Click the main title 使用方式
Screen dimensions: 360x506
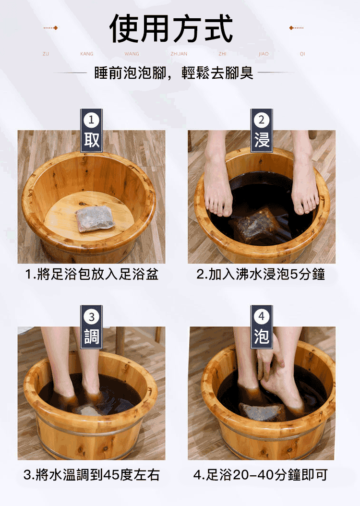tap(171, 28)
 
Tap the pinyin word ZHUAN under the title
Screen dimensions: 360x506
tap(179, 54)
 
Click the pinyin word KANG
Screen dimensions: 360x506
tap(86, 54)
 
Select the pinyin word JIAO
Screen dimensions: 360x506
tap(263, 54)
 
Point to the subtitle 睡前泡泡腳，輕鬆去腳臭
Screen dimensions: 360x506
tap(174, 73)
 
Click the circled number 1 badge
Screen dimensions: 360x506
tap(91, 120)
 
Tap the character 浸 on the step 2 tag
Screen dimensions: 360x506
tap(262, 140)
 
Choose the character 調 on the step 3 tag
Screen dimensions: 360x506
tap(92, 336)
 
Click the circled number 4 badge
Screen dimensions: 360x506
tap(262, 316)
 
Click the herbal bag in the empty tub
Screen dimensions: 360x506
tap(95, 219)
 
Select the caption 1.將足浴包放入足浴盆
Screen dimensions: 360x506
tap(92, 275)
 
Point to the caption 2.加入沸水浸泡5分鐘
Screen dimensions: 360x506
tap(261, 274)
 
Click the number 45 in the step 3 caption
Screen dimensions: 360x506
tap(112, 475)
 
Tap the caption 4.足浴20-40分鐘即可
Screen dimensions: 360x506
tap(260, 475)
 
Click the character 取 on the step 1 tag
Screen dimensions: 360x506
tap(92, 140)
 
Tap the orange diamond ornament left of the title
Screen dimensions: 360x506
tap(56, 28)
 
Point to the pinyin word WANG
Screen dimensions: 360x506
tap(132, 54)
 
